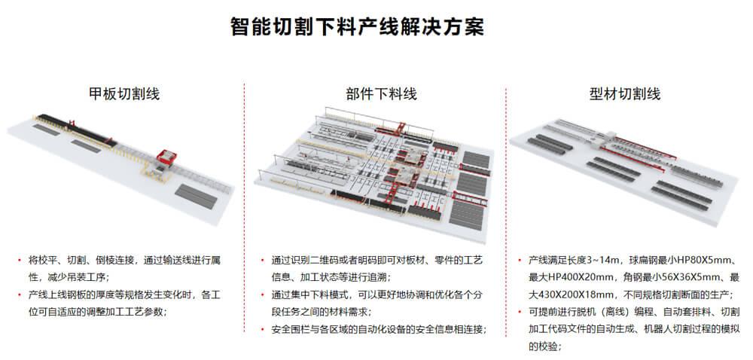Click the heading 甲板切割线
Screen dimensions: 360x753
[x=124, y=94]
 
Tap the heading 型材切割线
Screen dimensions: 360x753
[x=625, y=94]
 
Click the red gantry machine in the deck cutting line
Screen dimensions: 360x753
[x=165, y=159]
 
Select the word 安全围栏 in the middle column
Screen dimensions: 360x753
[x=290, y=329]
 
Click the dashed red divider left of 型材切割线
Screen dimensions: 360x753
[x=505, y=218]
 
